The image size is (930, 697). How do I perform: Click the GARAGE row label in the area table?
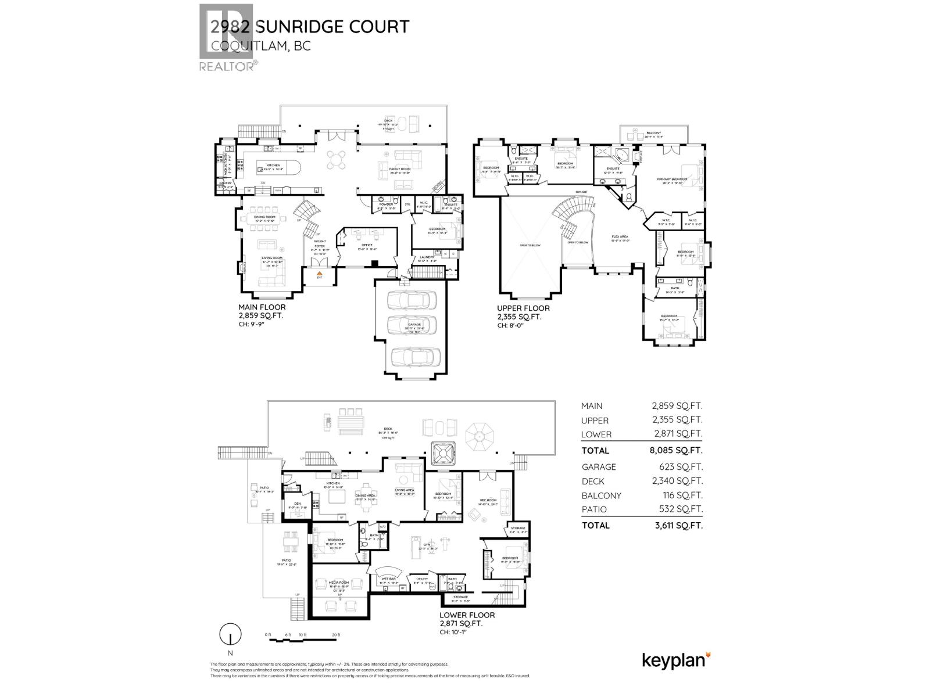(x=598, y=466)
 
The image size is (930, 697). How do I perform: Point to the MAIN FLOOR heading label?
(x=262, y=307)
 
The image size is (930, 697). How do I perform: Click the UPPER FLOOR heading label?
(x=523, y=308)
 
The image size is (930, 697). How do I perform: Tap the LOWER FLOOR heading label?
(x=467, y=615)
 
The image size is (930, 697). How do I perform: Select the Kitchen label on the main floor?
(x=274, y=166)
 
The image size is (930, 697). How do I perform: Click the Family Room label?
(x=400, y=169)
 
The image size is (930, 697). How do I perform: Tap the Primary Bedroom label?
(x=672, y=179)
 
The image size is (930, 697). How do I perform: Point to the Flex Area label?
(x=620, y=236)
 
